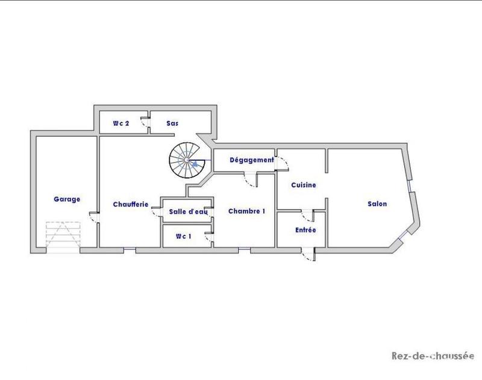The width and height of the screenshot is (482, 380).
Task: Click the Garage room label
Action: tap(67, 199)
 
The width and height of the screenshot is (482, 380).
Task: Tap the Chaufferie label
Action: tap(131, 204)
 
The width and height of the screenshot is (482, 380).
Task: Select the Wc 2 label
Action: tap(121, 123)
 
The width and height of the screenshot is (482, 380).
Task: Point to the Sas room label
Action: tap(172, 123)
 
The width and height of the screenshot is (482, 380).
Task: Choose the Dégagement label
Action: tap(243, 160)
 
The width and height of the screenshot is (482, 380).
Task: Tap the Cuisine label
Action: tap(303, 185)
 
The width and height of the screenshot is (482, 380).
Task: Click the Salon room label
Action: tap(377, 204)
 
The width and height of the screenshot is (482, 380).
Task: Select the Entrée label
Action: tap(305, 230)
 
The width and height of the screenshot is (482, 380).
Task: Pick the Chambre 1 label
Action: tap(246, 211)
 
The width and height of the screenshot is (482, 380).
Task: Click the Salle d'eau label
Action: tap(188, 211)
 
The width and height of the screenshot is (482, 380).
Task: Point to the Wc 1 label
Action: tap(184, 236)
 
